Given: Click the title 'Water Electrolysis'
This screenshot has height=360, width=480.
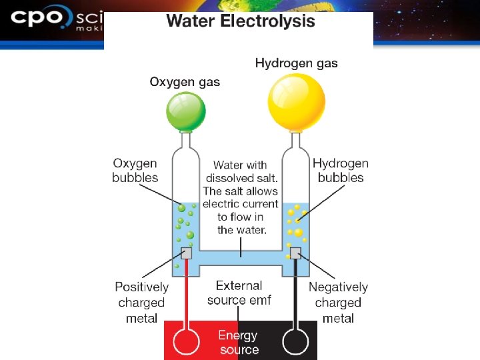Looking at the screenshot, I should pyautogui.click(x=240, y=21).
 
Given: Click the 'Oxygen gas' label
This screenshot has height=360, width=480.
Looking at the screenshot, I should pyautogui.click(x=185, y=82).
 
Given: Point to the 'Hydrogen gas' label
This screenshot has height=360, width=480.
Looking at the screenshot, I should pyautogui.click(x=296, y=63).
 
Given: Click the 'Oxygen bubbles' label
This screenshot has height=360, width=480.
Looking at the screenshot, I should pyautogui.click(x=135, y=171).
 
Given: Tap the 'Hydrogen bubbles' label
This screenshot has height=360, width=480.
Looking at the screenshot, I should pyautogui.click(x=340, y=171).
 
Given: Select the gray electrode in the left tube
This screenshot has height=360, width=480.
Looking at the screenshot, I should pyautogui.click(x=187, y=253).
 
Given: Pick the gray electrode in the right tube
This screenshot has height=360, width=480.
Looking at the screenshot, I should pyautogui.click(x=295, y=253).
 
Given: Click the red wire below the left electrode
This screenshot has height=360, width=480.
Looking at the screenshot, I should pyautogui.click(x=187, y=293).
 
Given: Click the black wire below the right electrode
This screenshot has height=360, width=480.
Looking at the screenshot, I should pyautogui.click(x=295, y=293).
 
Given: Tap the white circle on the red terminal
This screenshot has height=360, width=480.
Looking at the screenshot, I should pyautogui.click(x=187, y=342).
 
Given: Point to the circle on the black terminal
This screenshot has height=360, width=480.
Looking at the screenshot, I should pyautogui.click(x=295, y=342).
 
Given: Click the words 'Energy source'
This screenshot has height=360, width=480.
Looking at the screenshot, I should pyautogui.click(x=239, y=342).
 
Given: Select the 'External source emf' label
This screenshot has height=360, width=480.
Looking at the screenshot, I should pyautogui.click(x=239, y=293).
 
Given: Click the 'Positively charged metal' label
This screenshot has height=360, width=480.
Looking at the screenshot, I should pyautogui.click(x=141, y=303).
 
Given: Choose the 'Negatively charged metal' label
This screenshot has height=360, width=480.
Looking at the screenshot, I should pyautogui.click(x=338, y=303).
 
